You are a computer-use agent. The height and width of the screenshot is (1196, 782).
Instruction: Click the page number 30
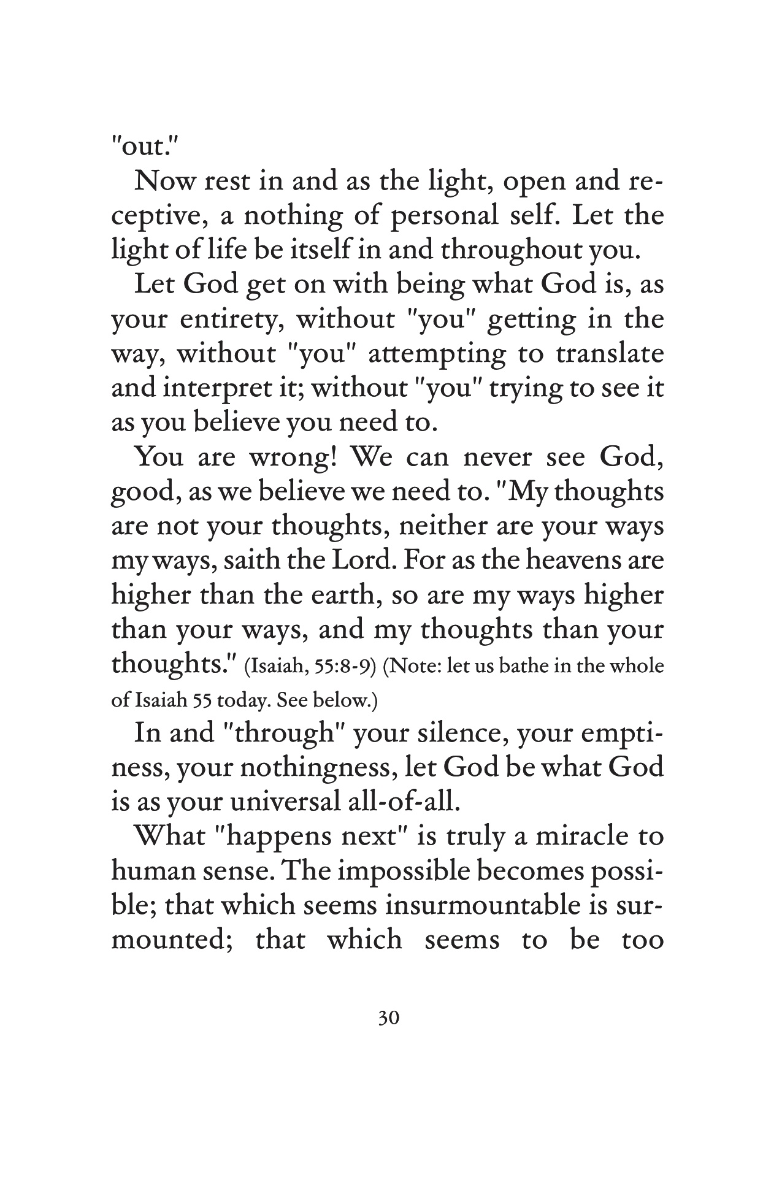click(389, 1019)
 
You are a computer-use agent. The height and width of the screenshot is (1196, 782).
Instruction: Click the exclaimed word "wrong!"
click(291, 458)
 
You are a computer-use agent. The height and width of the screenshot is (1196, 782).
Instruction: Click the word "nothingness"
click(299, 769)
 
